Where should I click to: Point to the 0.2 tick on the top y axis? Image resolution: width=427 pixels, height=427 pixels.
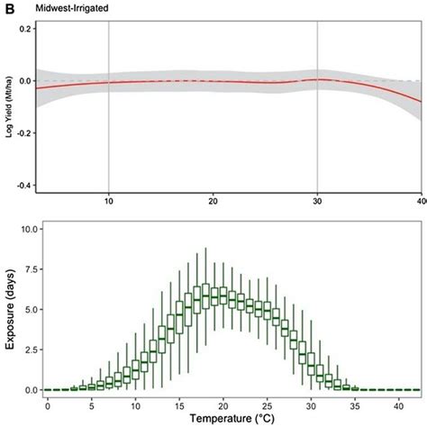click(x=24, y=29)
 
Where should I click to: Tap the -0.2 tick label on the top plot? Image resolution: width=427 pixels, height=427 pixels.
click(x=23, y=132)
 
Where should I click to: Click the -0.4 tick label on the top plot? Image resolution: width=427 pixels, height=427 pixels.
click(x=23, y=185)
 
